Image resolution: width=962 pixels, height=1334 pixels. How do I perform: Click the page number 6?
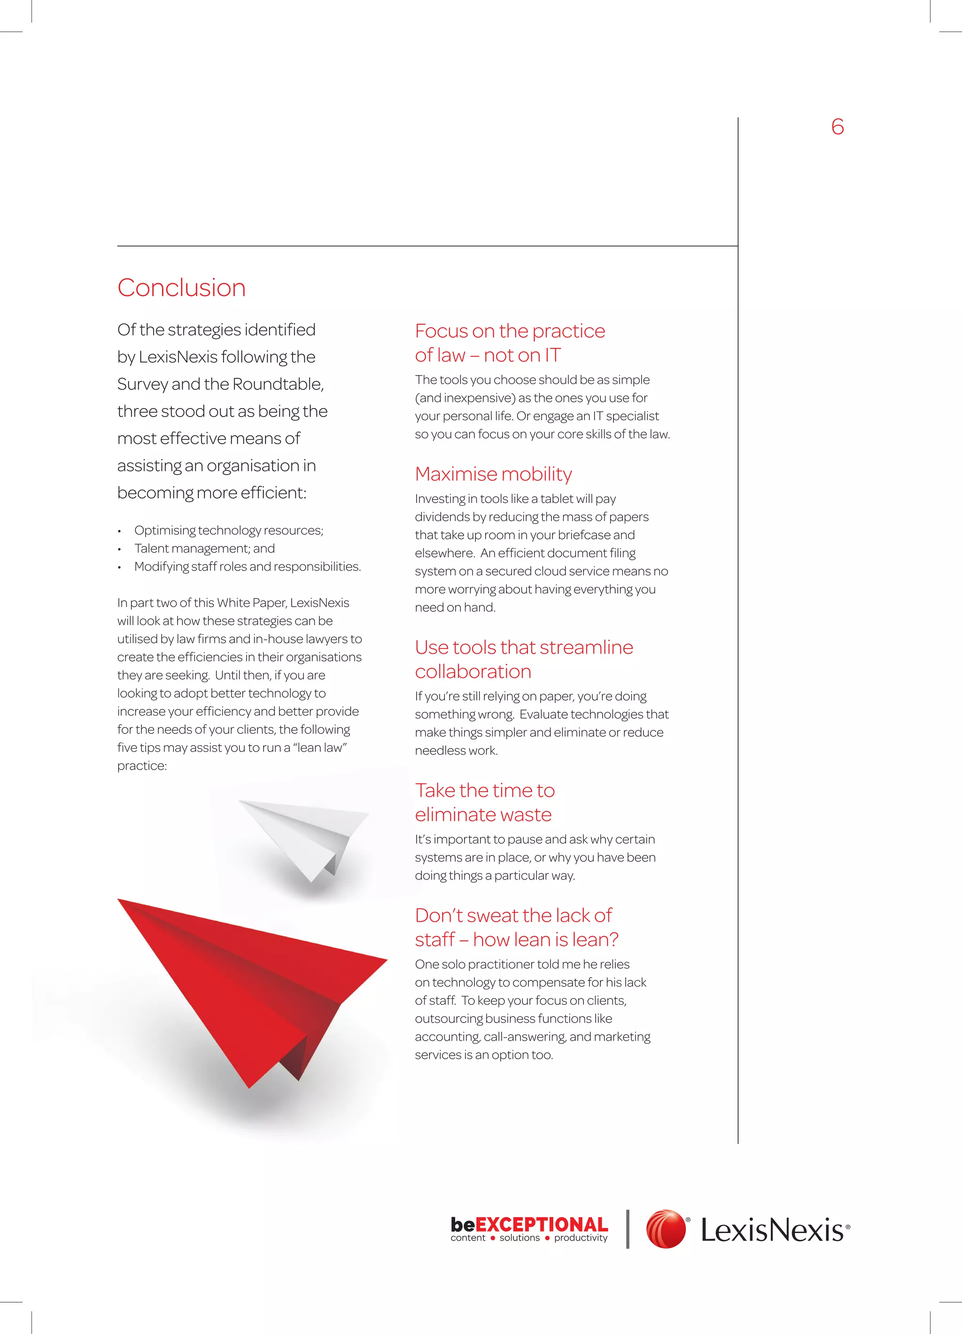[x=837, y=127]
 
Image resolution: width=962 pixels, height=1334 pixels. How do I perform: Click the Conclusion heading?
[x=181, y=288]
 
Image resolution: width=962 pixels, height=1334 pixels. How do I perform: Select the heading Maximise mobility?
[x=493, y=474]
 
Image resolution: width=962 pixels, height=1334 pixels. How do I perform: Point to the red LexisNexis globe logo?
[x=666, y=1229]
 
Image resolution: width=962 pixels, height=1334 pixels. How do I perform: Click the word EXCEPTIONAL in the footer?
[x=541, y=1224]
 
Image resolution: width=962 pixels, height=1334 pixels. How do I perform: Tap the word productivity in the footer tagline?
[x=580, y=1238]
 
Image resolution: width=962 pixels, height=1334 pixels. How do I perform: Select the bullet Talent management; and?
[x=204, y=548]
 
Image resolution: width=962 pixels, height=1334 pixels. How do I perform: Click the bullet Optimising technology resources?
[x=228, y=530]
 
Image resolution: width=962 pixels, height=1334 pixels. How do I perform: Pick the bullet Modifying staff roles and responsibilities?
[x=247, y=566]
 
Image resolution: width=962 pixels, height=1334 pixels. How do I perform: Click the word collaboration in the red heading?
[x=473, y=672]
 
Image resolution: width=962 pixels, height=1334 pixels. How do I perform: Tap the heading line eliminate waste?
[x=482, y=815]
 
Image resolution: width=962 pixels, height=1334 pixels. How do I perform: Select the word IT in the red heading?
[x=552, y=355]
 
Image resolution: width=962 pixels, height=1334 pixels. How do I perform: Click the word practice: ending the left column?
[x=142, y=766]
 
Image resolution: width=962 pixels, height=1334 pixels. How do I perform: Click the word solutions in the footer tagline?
[x=520, y=1238]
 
